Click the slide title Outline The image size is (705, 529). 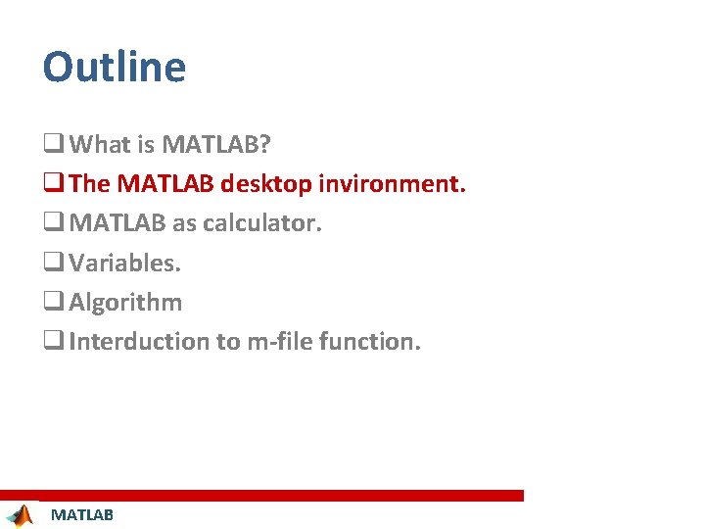[114, 67]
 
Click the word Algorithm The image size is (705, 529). [125, 302]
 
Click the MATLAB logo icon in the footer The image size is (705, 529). [19, 515]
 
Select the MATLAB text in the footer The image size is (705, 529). [82, 515]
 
